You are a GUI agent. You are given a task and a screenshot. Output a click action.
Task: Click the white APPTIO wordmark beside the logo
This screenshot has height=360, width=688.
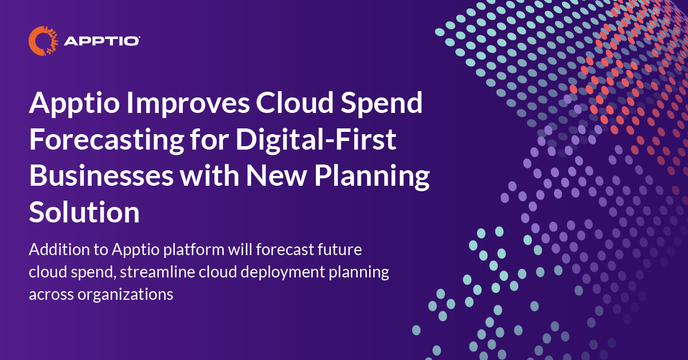coord(103,41)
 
